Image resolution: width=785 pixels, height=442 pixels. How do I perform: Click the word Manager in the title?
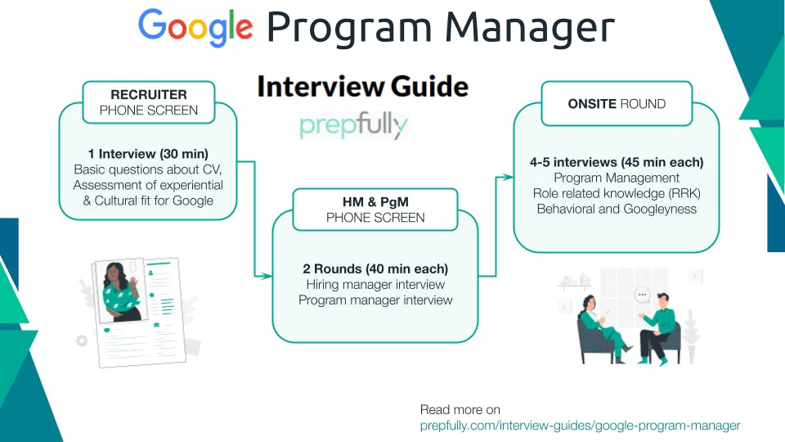[523, 29]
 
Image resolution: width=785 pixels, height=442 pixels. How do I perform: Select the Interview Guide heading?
[362, 87]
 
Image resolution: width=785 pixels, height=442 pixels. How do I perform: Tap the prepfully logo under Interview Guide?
[353, 125]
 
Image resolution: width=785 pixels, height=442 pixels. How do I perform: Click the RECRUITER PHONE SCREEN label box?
[149, 102]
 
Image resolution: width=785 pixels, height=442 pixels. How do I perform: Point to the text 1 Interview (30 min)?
[148, 154]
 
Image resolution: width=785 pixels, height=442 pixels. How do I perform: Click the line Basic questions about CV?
[148, 169]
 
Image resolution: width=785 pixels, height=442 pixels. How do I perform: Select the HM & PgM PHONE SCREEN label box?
[375, 210]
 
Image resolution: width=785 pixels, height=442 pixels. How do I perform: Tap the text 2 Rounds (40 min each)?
[375, 268]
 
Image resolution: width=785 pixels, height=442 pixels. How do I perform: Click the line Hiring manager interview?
[375, 284]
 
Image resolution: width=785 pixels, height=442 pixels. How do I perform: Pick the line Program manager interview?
[375, 300]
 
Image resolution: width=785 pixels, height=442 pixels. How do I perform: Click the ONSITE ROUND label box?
[617, 104]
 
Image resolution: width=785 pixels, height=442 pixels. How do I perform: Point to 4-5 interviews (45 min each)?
[617, 162]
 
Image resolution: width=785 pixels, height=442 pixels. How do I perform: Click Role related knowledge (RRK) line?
[617, 193]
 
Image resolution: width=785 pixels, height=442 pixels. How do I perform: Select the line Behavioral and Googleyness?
[617, 209]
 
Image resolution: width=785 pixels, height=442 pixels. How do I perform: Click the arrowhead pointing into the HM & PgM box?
[267, 277]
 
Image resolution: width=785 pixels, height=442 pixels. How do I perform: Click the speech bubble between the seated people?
[642, 295]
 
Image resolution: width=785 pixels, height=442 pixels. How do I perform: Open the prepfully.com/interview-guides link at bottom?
[580, 426]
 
